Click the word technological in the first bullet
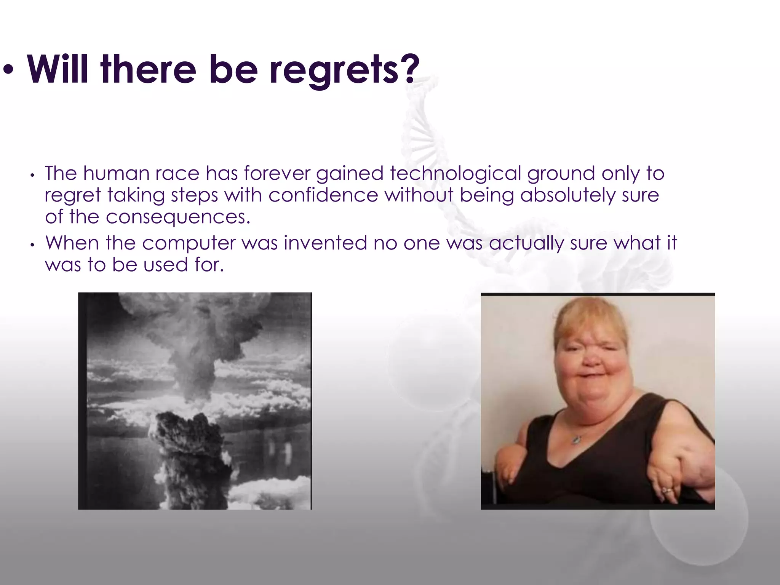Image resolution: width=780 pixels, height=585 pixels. click(x=455, y=173)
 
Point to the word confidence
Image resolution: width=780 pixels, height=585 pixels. click(x=323, y=195)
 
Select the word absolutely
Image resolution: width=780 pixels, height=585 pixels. click(x=568, y=195)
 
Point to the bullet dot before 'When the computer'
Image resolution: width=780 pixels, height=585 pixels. click(x=33, y=245)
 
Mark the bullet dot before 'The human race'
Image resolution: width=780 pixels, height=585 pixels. click(x=33, y=175)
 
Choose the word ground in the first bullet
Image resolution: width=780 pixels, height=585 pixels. click(x=561, y=173)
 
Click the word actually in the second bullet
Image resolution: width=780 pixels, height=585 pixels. click(x=526, y=243)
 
